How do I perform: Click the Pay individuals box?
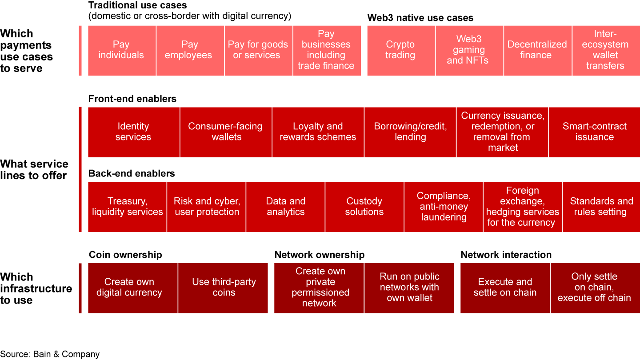[x=122, y=50]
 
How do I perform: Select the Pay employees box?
[x=190, y=50]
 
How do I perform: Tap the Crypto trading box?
[x=400, y=50]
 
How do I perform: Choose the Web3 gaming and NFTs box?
[x=469, y=50]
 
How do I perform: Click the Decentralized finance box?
[x=537, y=50]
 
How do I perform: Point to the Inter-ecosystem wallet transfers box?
[x=606, y=50]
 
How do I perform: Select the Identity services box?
[x=134, y=132]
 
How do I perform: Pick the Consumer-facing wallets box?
[x=226, y=132]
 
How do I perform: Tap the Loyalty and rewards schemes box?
[x=318, y=132]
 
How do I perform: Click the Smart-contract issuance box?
[x=594, y=132]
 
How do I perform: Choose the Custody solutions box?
[x=364, y=207]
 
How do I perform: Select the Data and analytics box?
[x=285, y=207]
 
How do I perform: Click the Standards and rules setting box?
[x=601, y=207]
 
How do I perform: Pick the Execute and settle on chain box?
[x=505, y=288]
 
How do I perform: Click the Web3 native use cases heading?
[x=420, y=18]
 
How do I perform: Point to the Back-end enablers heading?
[x=132, y=173]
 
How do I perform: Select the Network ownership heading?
[x=319, y=255]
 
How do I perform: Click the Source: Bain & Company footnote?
[x=50, y=354]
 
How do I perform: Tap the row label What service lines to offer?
[x=34, y=170]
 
